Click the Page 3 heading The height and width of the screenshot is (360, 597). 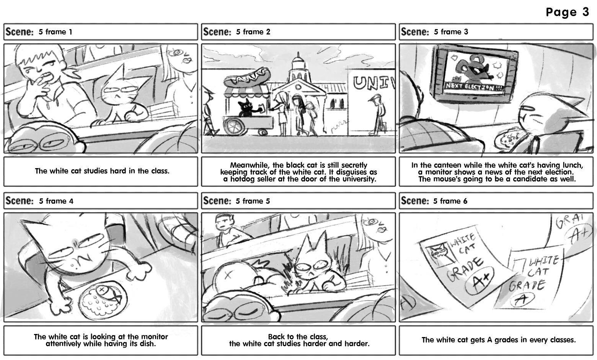(567, 12)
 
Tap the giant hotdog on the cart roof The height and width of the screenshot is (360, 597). (247, 78)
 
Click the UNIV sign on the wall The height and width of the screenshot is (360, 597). (374, 83)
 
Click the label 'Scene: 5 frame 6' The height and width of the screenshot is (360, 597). (434, 201)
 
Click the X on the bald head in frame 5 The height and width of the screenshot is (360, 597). (228, 275)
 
